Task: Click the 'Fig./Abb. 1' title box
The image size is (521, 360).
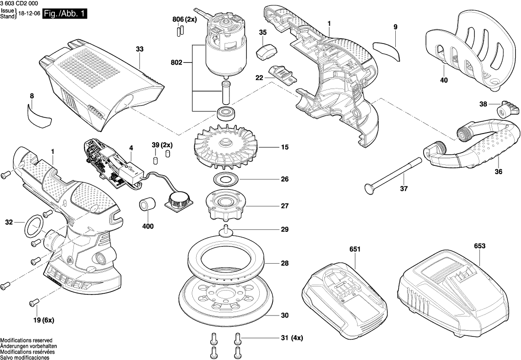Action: (65, 15)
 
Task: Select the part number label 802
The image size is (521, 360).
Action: (177, 63)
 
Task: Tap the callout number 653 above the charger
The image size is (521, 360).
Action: (479, 246)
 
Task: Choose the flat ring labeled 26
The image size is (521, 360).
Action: (227, 179)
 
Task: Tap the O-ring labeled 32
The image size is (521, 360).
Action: (33, 225)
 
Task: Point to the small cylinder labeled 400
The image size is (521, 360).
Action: (147, 205)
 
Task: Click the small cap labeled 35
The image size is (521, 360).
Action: (266, 49)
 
